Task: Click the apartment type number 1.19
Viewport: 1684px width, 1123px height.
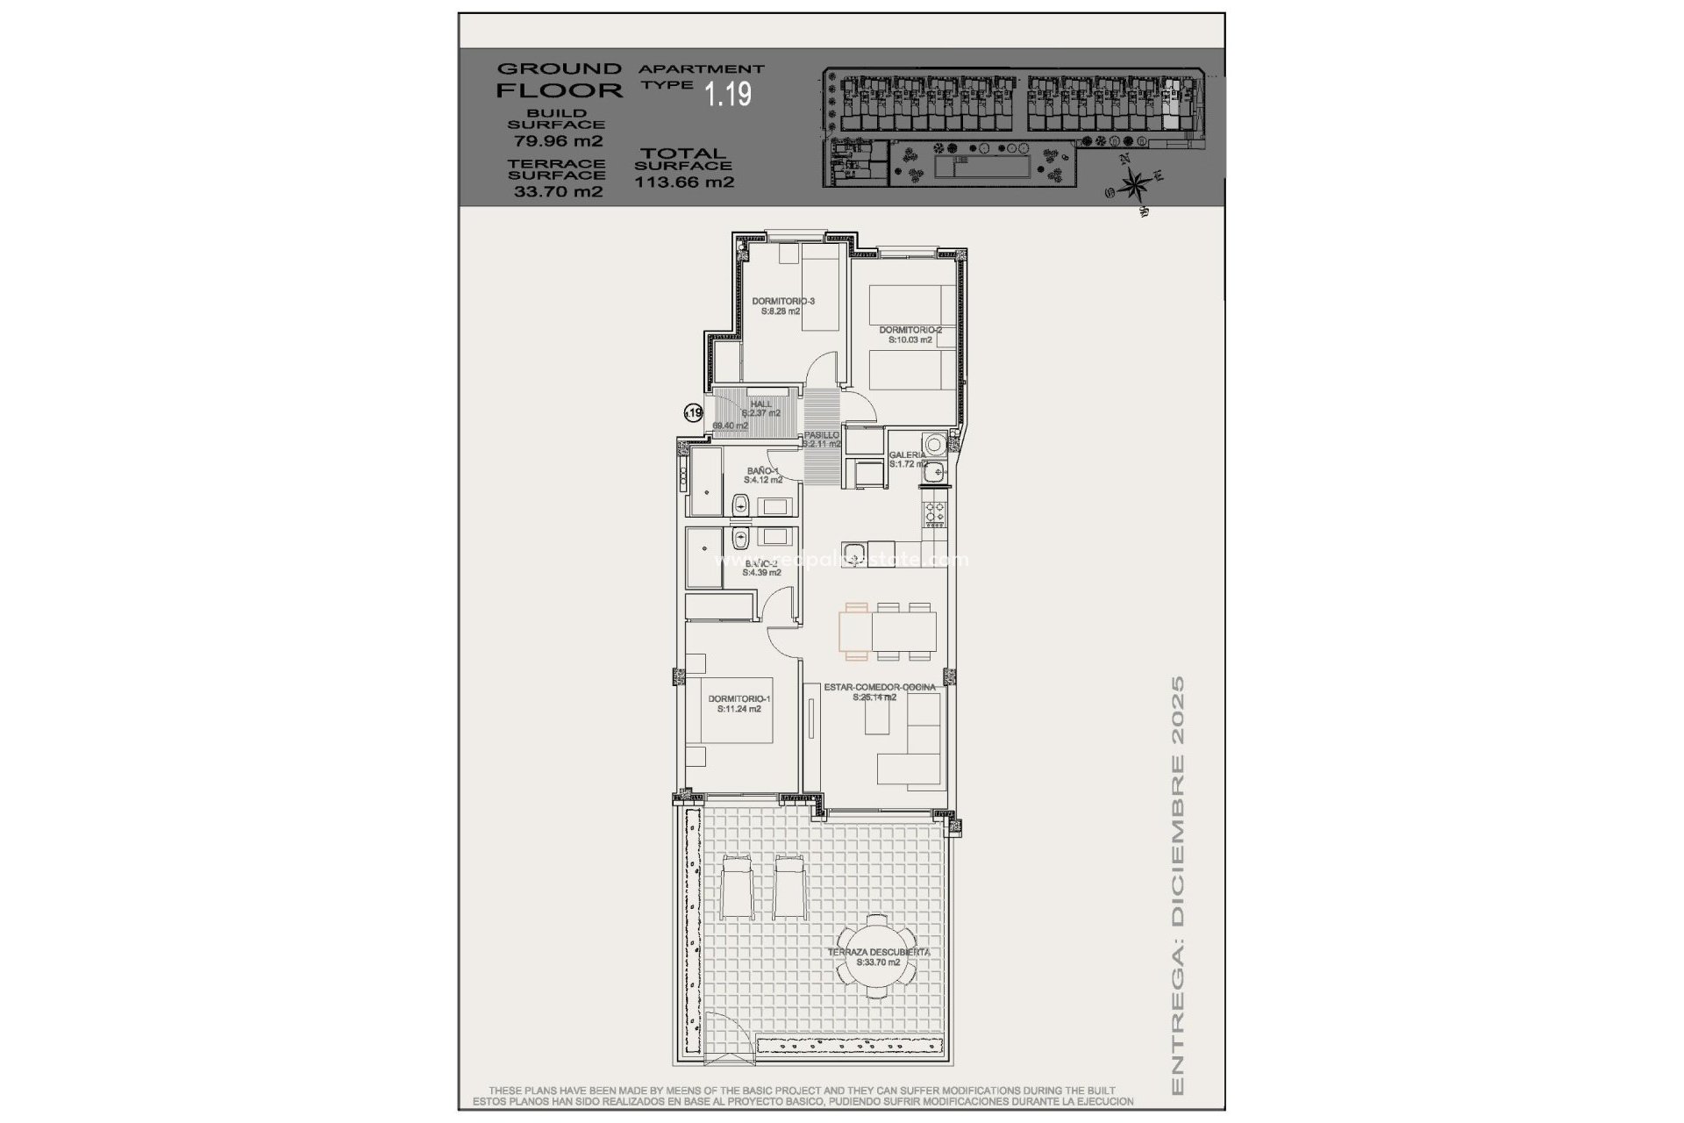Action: tap(729, 94)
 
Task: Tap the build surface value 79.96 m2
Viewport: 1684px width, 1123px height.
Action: tap(557, 140)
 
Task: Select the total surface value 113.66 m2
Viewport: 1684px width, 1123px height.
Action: tap(684, 183)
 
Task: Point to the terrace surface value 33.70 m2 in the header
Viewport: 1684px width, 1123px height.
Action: tap(557, 192)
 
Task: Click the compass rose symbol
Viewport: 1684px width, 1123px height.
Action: tap(1136, 184)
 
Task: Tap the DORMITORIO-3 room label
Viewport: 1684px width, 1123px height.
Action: tap(782, 301)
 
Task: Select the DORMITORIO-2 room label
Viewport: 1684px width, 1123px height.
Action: tap(910, 331)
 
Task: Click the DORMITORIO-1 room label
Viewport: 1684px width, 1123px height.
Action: tap(739, 699)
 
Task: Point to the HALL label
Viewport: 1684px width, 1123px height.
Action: tap(760, 404)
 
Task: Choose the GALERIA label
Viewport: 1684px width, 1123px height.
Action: tap(907, 455)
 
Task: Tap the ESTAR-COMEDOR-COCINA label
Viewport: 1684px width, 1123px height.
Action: tap(879, 688)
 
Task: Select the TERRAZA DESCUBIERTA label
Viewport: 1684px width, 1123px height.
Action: tap(878, 952)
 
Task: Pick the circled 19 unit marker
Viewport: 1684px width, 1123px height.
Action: tap(694, 412)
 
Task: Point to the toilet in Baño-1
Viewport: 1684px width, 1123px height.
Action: tap(740, 504)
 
